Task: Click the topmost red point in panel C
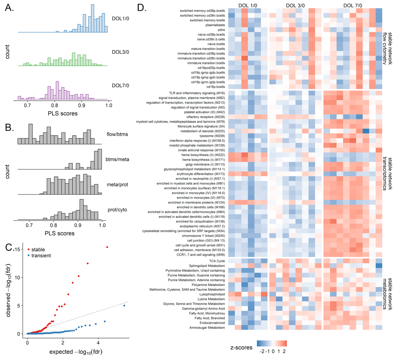tap(107, 247)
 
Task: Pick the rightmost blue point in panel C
tap(124, 305)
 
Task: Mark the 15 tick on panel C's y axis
tap(17, 249)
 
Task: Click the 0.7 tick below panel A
tap(28, 105)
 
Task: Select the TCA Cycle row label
tap(216, 261)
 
